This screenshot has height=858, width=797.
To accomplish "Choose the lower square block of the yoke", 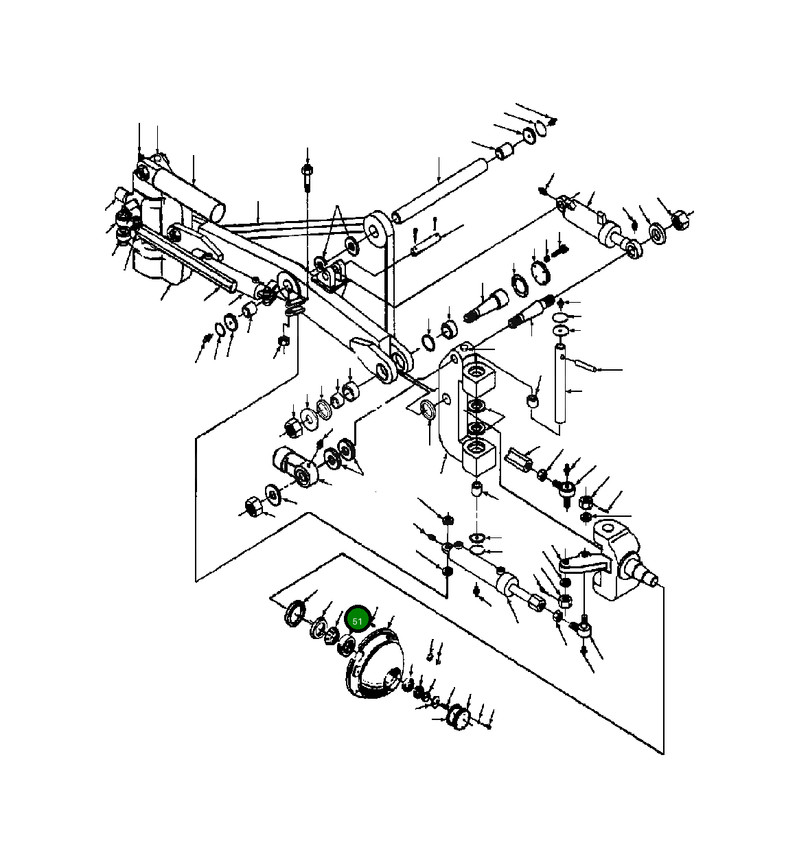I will (x=478, y=456).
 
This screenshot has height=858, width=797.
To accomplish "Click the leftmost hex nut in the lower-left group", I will (x=253, y=507).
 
